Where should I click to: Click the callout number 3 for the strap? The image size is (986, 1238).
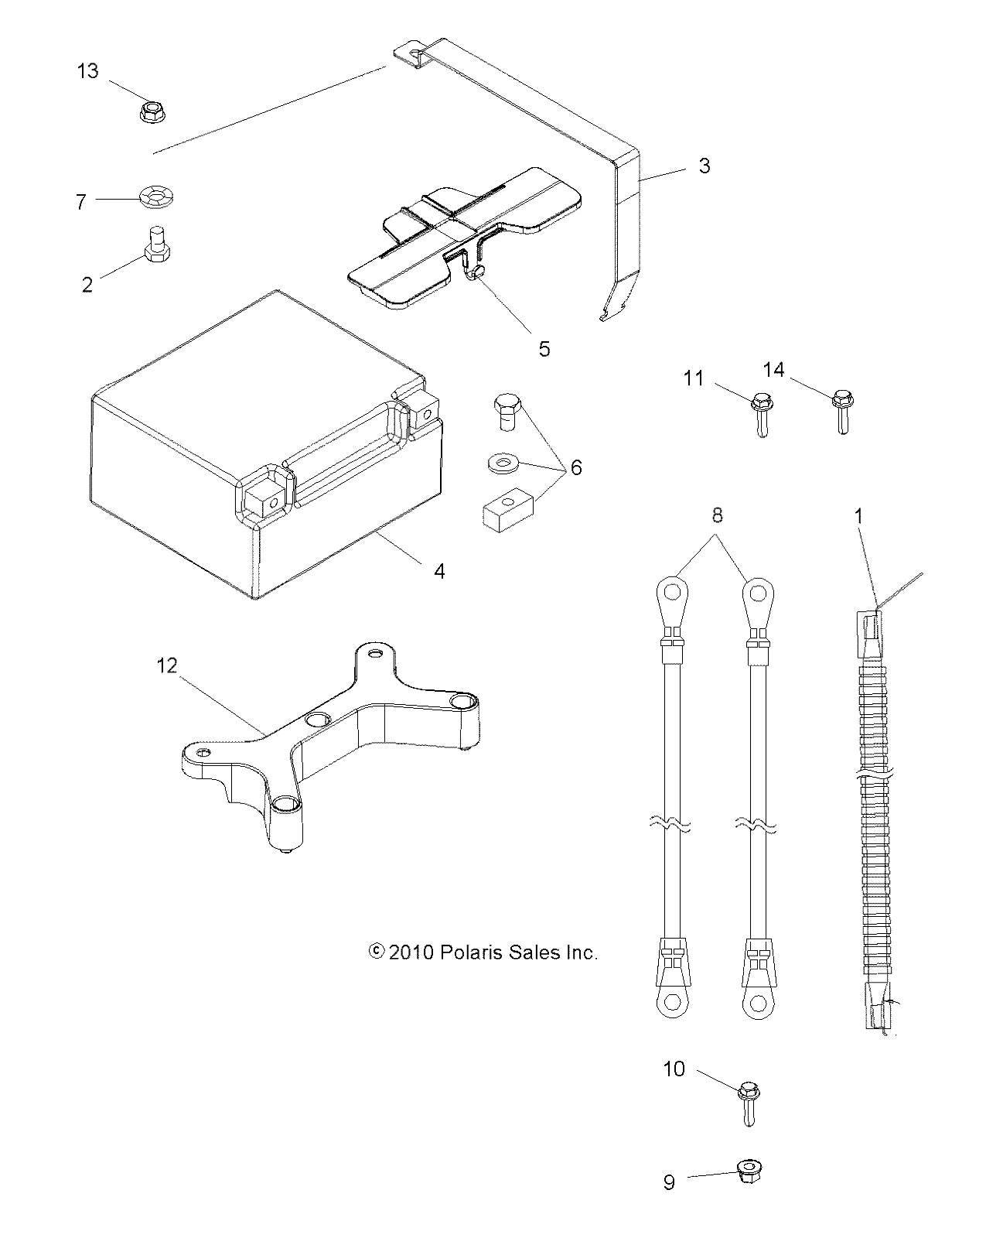704,166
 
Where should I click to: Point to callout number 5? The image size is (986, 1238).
544,349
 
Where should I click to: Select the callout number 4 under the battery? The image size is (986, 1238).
439,571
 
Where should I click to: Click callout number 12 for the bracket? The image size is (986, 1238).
167,665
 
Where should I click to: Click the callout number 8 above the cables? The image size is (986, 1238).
717,515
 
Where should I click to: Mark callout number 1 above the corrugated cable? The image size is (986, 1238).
858,515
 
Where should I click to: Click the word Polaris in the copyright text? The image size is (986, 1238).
473,952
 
